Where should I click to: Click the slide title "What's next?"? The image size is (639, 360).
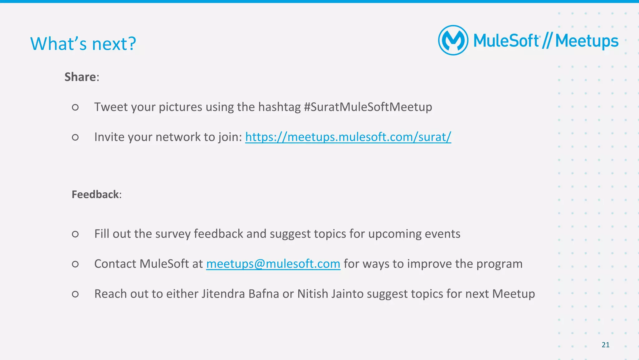[83, 44]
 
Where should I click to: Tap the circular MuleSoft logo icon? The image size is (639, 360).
[453, 40]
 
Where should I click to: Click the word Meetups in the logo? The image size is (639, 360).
[587, 41]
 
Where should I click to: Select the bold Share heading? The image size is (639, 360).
[80, 77]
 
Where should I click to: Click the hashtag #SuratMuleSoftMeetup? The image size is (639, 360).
[368, 107]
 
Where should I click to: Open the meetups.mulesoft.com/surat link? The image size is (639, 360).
[348, 137]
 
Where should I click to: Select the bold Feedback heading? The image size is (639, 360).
[95, 195]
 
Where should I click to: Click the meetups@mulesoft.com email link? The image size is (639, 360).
[273, 264]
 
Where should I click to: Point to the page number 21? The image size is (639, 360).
[605, 345]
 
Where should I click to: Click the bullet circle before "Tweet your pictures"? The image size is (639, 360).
[75, 107]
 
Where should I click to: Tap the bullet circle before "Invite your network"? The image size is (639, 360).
[75, 137]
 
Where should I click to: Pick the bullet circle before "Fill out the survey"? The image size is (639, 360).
[75, 234]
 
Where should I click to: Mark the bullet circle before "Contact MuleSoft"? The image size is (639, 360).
[75, 264]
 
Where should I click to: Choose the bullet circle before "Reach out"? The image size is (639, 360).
[75, 294]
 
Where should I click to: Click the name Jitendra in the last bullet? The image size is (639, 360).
[223, 294]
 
